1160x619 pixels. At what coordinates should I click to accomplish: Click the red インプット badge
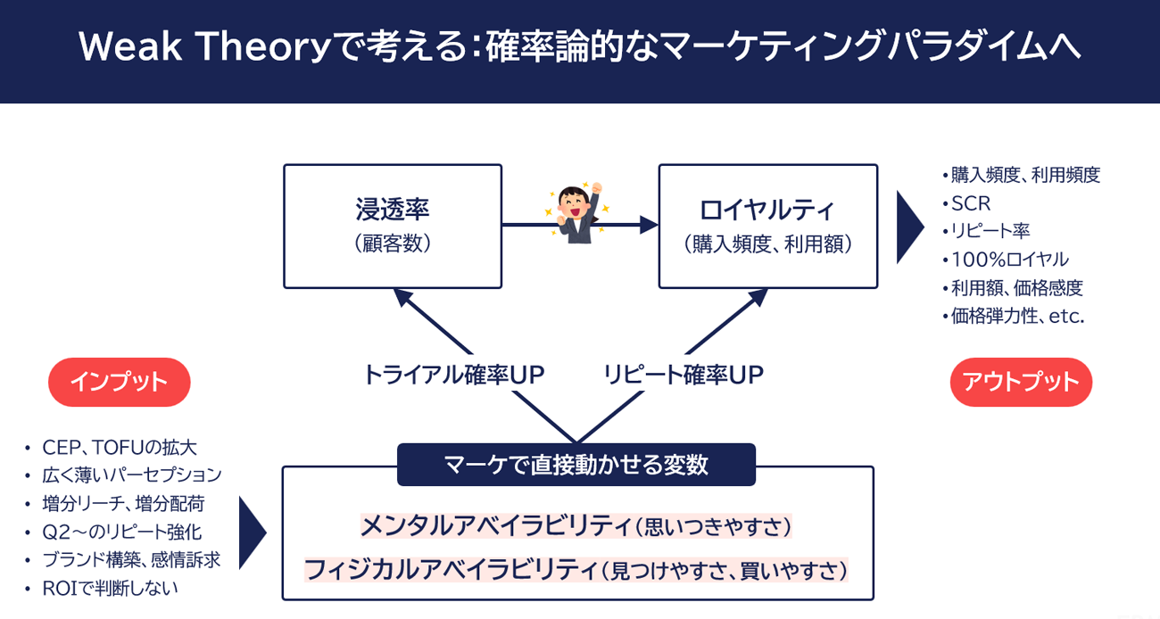[119, 382]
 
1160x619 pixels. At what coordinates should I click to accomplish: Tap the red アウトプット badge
[1021, 382]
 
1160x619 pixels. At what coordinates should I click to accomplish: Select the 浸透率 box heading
[393, 210]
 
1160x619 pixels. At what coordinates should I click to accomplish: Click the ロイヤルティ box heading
[767, 210]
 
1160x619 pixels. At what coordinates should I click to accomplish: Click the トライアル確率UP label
[453, 375]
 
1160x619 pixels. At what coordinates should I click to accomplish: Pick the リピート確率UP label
[683, 375]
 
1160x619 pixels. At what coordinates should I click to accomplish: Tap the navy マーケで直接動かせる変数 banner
[576, 465]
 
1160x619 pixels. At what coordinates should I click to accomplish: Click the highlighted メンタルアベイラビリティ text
[494, 527]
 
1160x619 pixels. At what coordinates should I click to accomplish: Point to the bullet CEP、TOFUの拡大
[120, 447]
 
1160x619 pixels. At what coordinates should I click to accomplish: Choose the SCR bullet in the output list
[971, 203]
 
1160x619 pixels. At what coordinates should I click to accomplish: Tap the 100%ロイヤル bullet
[1009, 260]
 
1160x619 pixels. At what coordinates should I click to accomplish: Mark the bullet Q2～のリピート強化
[121, 532]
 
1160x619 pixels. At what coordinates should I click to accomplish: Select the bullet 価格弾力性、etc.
[1017, 316]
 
